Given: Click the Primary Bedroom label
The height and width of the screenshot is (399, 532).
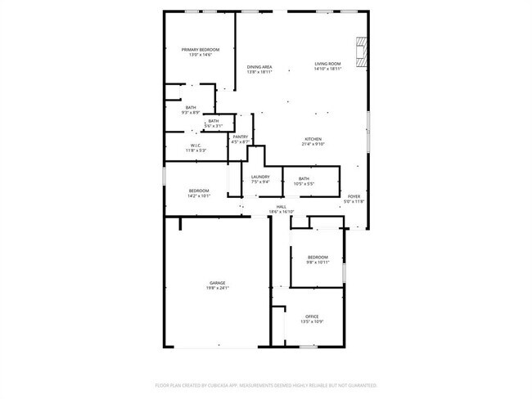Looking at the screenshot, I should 200,50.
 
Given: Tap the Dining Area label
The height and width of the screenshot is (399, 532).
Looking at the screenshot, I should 259,67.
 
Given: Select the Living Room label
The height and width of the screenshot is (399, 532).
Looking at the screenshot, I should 327,64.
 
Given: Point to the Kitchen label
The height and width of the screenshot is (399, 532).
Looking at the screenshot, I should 314,139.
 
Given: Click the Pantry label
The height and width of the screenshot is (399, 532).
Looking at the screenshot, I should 240,137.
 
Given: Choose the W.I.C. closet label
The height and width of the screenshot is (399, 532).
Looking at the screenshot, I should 196,146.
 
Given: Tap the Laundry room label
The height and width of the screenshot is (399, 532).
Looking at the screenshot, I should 261,177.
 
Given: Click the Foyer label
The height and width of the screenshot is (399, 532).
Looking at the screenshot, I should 354,196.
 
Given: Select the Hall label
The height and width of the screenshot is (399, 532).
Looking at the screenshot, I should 281,207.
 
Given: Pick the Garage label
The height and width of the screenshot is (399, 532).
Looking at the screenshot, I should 217,283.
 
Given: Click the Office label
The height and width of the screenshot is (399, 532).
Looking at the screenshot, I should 312,316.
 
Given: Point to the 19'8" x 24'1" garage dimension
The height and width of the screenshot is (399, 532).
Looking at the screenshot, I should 217,288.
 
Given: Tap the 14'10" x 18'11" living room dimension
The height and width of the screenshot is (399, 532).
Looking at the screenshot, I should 327,69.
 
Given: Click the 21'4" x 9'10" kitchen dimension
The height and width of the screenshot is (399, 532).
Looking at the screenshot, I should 314,144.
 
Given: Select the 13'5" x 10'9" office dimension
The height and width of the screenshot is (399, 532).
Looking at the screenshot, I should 312,321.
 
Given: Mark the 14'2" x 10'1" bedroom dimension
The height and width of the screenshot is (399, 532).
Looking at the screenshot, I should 200,196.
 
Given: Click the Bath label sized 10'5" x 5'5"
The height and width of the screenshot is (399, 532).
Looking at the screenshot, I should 304,179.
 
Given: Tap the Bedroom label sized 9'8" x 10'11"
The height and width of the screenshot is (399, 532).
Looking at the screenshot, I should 318,257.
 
